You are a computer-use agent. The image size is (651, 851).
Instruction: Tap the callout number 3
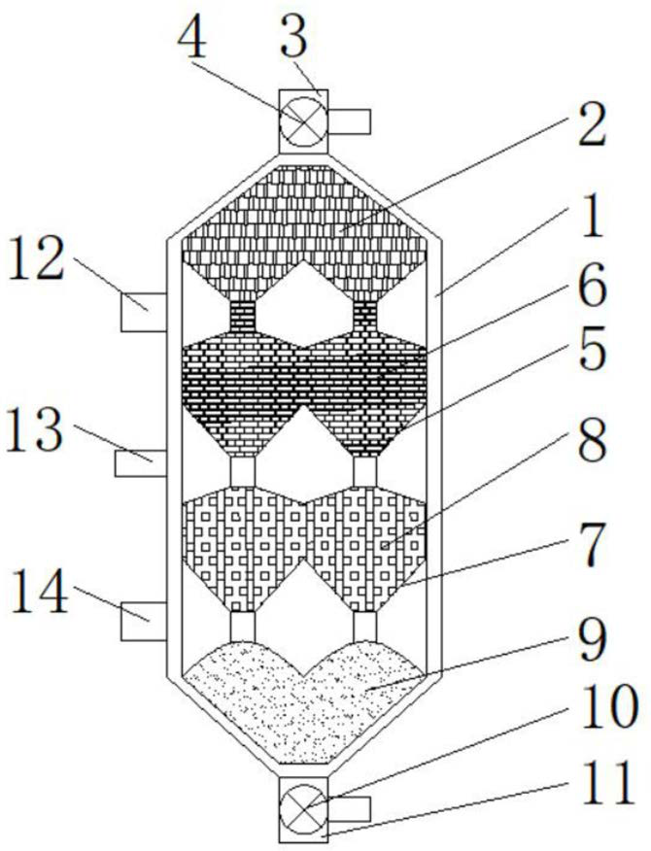(294, 38)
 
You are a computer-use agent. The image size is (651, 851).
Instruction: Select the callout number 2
(592, 126)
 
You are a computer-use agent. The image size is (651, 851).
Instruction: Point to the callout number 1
(593, 218)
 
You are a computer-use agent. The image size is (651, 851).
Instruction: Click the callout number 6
(592, 288)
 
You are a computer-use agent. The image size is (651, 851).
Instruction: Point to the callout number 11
(607, 783)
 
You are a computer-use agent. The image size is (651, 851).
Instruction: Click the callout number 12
(36, 260)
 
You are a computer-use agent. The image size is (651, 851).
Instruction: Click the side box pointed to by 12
(144, 312)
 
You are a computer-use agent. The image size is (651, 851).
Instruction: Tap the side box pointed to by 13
(141, 463)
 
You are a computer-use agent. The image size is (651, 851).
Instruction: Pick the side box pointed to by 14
(144, 621)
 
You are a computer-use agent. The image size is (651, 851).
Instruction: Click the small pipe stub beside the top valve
(350, 121)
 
